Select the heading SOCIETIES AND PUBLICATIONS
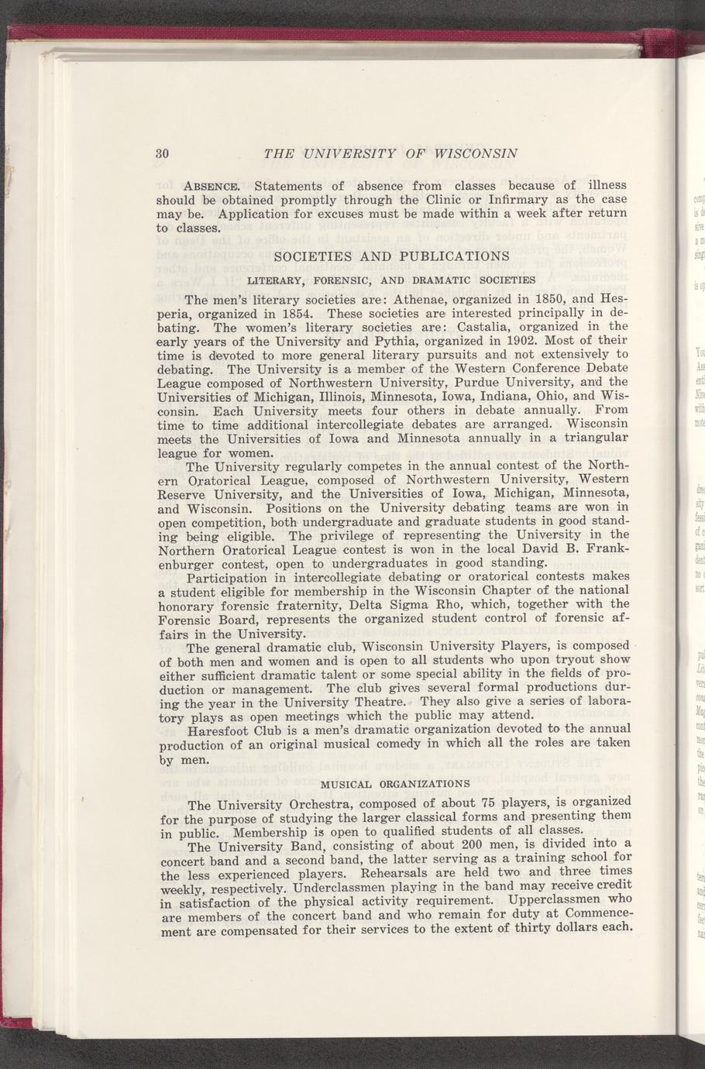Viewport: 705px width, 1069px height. (x=381, y=256)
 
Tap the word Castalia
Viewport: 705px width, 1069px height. (x=478, y=327)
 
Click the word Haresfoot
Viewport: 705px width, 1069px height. (x=222, y=729)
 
